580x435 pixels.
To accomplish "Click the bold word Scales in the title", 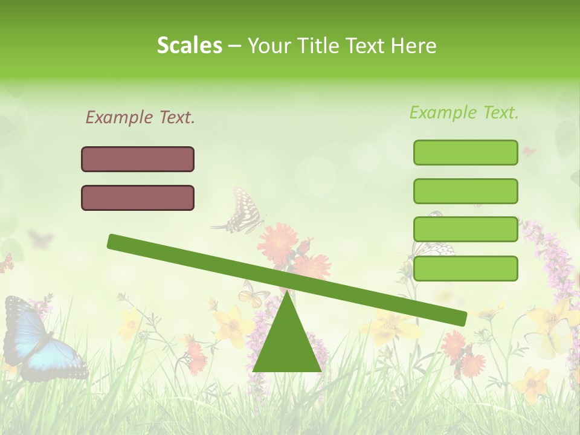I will click(190, 45).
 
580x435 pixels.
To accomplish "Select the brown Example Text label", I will click(140, 117).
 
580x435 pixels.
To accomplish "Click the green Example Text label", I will click(464, 112).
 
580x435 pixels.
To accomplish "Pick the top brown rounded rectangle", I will click(138, 159).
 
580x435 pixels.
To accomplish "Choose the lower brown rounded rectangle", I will click(138, 198).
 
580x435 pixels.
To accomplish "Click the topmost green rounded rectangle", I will click(465, 152).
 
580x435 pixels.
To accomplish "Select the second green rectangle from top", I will click(465, 191).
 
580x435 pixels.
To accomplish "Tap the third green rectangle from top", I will click(465, 230).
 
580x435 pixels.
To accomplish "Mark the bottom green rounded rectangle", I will click(465, 268).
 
